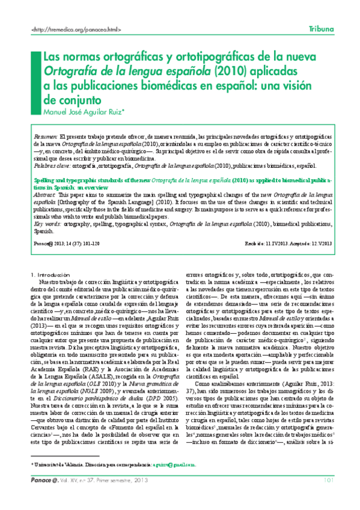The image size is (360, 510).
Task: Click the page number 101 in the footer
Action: tap(329, 496)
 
